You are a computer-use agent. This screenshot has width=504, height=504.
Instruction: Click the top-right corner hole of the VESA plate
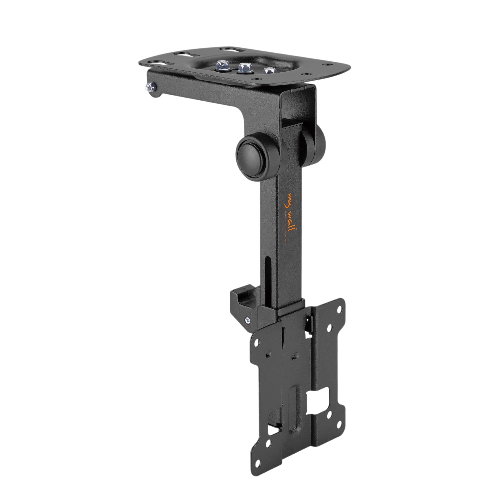point(339,310)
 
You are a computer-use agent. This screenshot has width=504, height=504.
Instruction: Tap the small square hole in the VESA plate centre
point(295,355)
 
